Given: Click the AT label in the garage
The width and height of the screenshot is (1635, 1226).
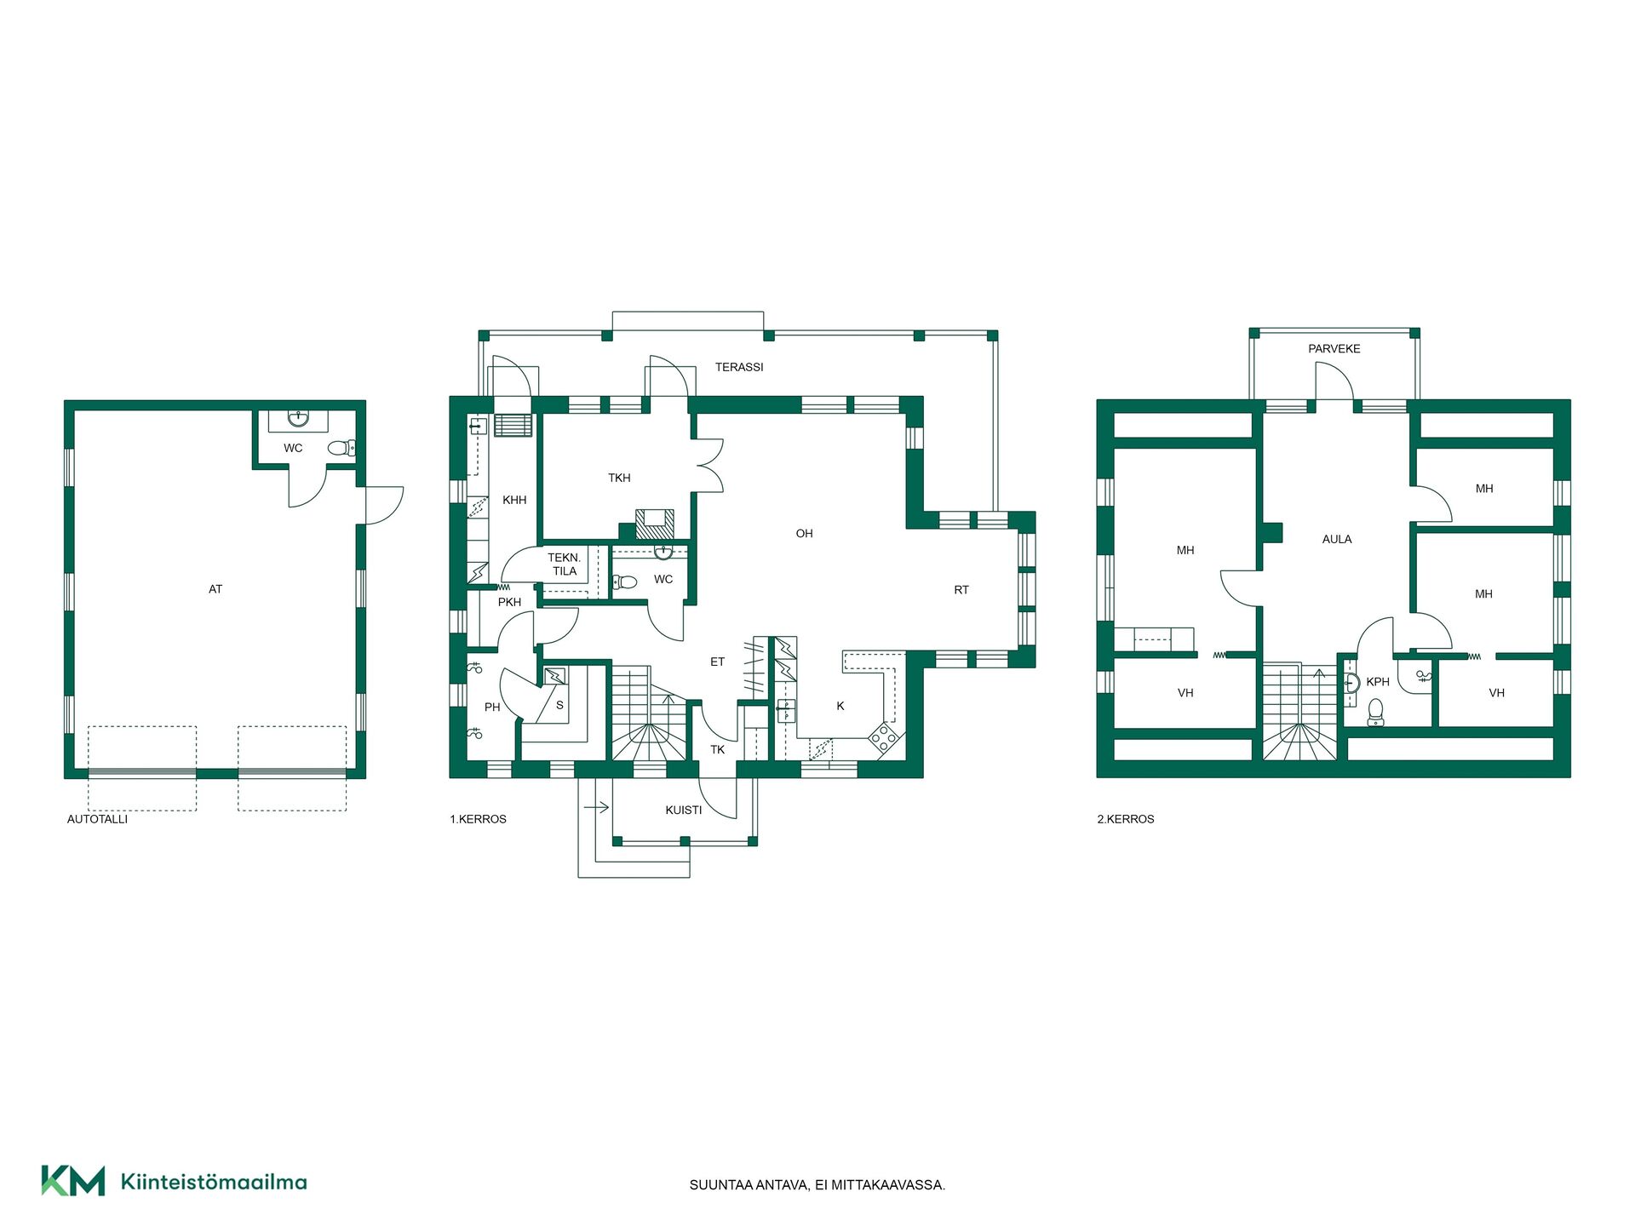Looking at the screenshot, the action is (215, 589).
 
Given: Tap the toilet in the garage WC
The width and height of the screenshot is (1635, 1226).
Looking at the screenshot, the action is (341, 448).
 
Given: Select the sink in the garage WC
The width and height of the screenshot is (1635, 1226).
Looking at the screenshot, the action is (298, 419).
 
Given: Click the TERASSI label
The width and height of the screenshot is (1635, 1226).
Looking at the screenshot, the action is (739, 367).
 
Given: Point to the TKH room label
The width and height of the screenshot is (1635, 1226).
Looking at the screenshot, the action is (619, 478).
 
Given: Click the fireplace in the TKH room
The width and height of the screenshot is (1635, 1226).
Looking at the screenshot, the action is (654, 524).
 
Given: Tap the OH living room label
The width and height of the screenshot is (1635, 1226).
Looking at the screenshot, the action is (804, 534).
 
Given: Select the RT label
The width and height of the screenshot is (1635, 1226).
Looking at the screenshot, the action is (961, 590).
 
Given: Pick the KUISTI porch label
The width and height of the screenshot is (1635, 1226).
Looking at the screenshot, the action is (684, 811).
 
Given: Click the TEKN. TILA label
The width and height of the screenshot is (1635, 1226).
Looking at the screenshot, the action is (564, 564).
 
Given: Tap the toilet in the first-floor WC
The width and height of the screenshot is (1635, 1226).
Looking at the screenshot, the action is (625, 582).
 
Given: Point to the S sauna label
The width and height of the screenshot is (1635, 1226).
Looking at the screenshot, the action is (559, 706).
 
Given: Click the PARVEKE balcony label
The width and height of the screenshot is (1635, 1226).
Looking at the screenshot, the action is (1334, 349).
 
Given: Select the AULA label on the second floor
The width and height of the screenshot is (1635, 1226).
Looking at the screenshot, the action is (1337, 539).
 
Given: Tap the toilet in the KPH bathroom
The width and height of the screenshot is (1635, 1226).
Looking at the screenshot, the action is (1375, 712).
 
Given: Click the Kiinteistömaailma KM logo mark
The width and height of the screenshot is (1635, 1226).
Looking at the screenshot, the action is (73, 1181).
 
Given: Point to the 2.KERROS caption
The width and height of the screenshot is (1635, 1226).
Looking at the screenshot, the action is (1126, 819).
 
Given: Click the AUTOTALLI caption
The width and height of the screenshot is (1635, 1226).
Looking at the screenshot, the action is (97, 819).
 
